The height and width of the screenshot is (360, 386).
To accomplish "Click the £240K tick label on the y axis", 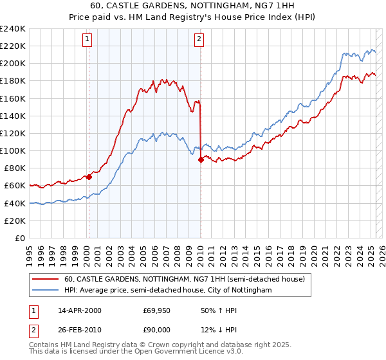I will (x=13, y=28).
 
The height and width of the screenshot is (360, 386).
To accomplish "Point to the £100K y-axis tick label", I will (x=13, y=150).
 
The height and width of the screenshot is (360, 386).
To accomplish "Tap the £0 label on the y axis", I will (x=20, y=238).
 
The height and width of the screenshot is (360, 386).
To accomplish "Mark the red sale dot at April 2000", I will (x=89, y=177).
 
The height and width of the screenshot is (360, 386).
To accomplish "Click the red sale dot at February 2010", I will (x=201, y=159).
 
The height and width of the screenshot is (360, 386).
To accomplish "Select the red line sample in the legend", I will (x=45, y=279).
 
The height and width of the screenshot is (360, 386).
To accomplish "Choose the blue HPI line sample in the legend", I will (x=45, y=290).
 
